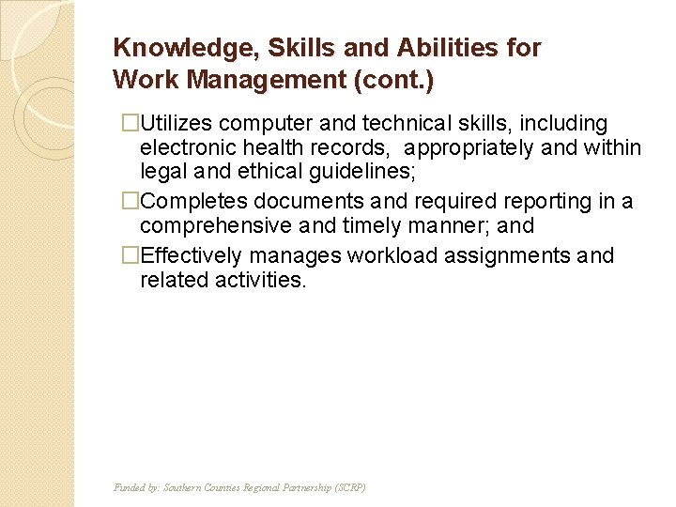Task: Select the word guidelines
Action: point(375,173)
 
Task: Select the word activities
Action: point(259,280)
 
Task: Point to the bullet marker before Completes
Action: point(131,201)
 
